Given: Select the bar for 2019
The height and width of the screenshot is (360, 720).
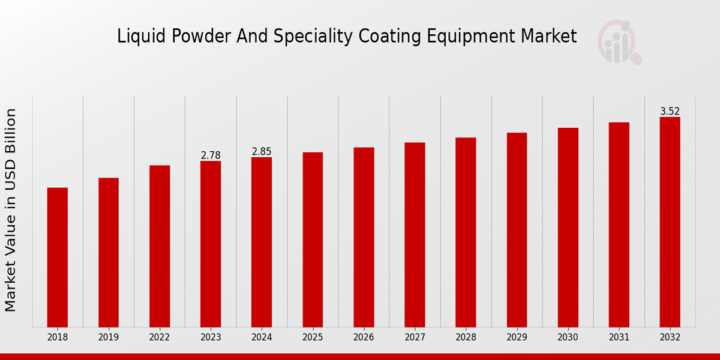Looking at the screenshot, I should [x=109, y=252].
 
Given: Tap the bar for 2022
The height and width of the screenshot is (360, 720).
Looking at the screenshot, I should [x=160, y=246].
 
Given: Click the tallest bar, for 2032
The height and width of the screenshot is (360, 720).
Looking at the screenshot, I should [x=670, y=222].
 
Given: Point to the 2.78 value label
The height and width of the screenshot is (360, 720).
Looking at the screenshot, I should [x=211, y=155].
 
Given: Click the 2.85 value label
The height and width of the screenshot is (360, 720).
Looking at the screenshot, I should [x=262, y=152].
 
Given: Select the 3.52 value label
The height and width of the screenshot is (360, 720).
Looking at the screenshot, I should [x=670, y=112].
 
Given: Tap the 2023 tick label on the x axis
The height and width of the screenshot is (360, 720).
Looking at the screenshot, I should [x=211, y=338].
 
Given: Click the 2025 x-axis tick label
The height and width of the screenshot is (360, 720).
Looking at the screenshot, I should [x=313, y=338].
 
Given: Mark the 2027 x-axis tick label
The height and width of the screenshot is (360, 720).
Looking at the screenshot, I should [x=415, y=338].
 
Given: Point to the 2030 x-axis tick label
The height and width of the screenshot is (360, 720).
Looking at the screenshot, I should [x=568, y=338].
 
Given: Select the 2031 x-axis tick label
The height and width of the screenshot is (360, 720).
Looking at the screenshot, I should [x=619, y=338].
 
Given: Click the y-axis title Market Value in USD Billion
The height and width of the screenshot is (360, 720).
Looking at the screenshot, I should [x=11, y=210].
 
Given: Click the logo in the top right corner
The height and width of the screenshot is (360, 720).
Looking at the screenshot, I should [x=619, y=41].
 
